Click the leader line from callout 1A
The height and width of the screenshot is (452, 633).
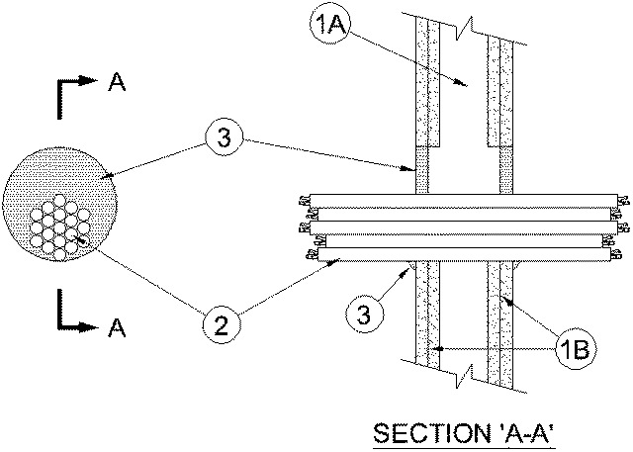point(406,58)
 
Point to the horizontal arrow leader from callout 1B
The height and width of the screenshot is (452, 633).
point(495,348)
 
